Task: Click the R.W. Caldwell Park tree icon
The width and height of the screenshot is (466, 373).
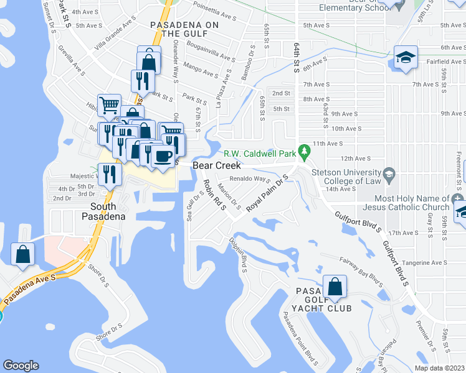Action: pyautogui.click(x=305, y=151)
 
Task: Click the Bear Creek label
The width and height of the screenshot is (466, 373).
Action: pyautogui.click(x=216, y=166)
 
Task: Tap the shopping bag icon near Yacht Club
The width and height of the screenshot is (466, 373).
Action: pyautogui.click(x=335, y=287)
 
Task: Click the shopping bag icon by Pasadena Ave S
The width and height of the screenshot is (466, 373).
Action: pyautogui.click(x=23, y=254)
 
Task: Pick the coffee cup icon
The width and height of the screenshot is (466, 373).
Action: pyautogui.click(x=164, y=156)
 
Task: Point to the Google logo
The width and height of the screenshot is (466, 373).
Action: pyautogui.click(x=21, y=366)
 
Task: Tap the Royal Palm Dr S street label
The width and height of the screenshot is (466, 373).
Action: pyautogui.click(x=265, y=193)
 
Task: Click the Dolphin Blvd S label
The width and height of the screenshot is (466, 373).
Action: pyautogui.click(x=239, y=255)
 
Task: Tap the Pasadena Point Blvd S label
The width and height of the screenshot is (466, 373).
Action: pyautogui.click(x=300, y=339)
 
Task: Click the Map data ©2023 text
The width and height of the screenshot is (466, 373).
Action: pyautogui.click(x=439, y=368)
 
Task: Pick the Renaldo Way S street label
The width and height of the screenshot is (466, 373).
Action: pyautogui.click(x=249, y=179)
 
